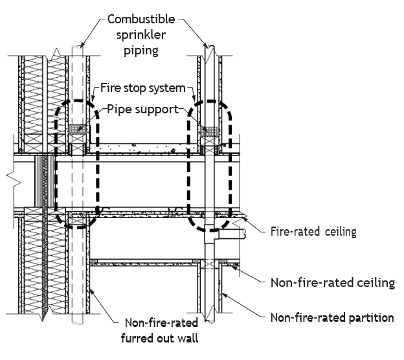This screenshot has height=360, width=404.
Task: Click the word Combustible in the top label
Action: (x=141, y=19)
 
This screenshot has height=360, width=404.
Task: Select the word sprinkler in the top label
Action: (x=141, y=35)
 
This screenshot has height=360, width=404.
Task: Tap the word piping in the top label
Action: (x=141, y=51)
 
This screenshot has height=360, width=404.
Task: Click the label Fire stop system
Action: (x=142, y=88)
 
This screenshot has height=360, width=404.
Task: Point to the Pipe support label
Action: (x=142, y=109)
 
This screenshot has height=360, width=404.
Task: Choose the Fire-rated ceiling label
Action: (x=313, y=231)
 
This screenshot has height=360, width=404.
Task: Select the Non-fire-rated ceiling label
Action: (x=333, y=283)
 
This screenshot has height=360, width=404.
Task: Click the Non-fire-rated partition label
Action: (x=332, y=317)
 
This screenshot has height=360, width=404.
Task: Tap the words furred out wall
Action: (x=160, y=338)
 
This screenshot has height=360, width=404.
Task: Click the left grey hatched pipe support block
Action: (x=77, y=129)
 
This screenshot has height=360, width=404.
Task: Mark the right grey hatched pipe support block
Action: (x=210, y=131)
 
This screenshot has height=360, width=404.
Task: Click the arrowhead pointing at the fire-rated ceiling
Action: (x=244, y=219)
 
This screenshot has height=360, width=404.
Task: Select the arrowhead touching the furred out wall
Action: (x=91, y=291)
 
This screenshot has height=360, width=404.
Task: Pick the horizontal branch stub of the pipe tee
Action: (x=231, y=234)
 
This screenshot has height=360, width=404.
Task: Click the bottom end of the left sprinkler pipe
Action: (x=77, y=322)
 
